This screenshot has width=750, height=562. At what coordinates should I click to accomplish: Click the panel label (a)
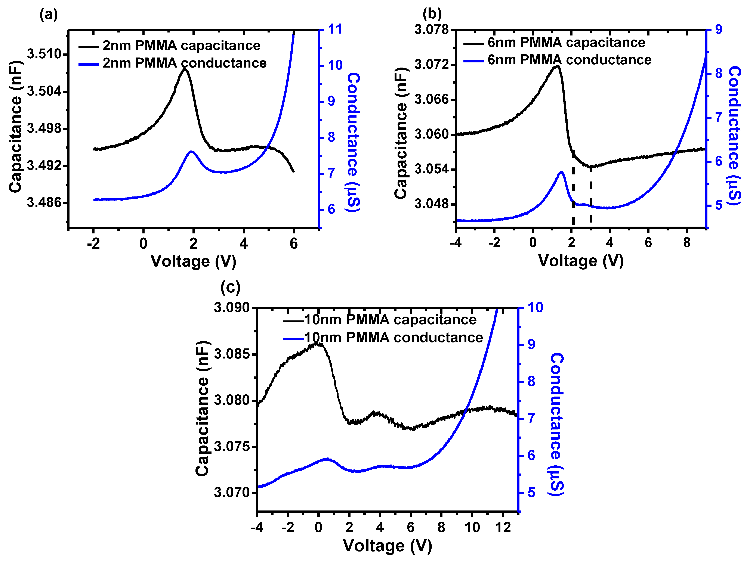(x=49, y=15)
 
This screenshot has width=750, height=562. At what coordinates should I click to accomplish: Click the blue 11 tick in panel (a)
(x=335, y=29)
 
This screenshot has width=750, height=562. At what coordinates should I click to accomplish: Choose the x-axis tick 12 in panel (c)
(x=503, y=527)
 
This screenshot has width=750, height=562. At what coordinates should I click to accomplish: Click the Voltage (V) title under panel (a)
(x=193, y=261)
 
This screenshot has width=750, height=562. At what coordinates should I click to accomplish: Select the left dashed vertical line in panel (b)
(x=573, y=195)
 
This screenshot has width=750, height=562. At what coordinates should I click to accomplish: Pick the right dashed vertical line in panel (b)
(x=591, y=195)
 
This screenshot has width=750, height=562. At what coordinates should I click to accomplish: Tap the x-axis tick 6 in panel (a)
(x=294, y=244)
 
